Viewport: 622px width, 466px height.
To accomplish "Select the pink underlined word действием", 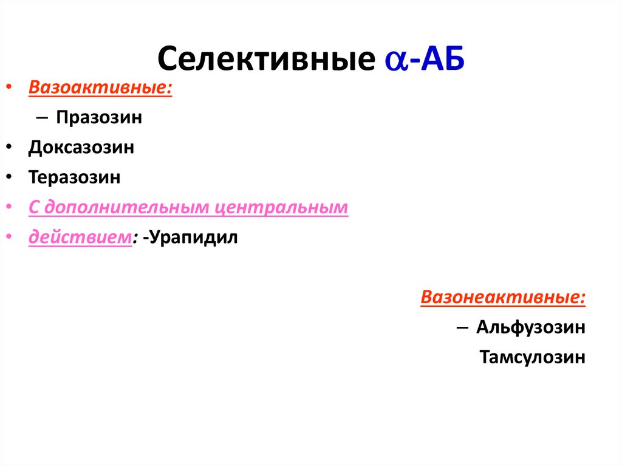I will click(80, 238).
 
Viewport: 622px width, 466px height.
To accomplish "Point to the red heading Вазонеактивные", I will click(503, 298).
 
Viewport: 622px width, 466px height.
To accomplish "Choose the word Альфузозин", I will click(531, 327).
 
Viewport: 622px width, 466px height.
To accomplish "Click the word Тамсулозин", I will click(532, 357).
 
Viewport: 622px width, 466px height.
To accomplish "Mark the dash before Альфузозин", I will click(461, 327).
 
